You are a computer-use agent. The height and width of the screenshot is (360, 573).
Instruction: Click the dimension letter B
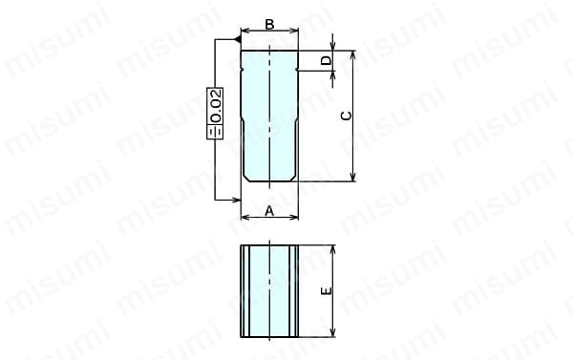click(269, 24)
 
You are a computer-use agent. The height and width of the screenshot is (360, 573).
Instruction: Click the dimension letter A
click(269, 211)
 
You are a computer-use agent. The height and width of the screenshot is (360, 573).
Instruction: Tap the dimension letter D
click(326, 60)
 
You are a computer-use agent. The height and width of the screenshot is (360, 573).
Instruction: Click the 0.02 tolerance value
click(216, 106)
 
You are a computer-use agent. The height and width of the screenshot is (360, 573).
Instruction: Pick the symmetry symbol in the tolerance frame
click(215, 132)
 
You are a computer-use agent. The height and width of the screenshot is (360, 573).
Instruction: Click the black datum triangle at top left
click(237, 39)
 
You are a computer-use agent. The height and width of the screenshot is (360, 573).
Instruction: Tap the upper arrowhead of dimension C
click(353, 55)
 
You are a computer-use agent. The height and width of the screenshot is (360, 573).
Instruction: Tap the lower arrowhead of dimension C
click(353, 177)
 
